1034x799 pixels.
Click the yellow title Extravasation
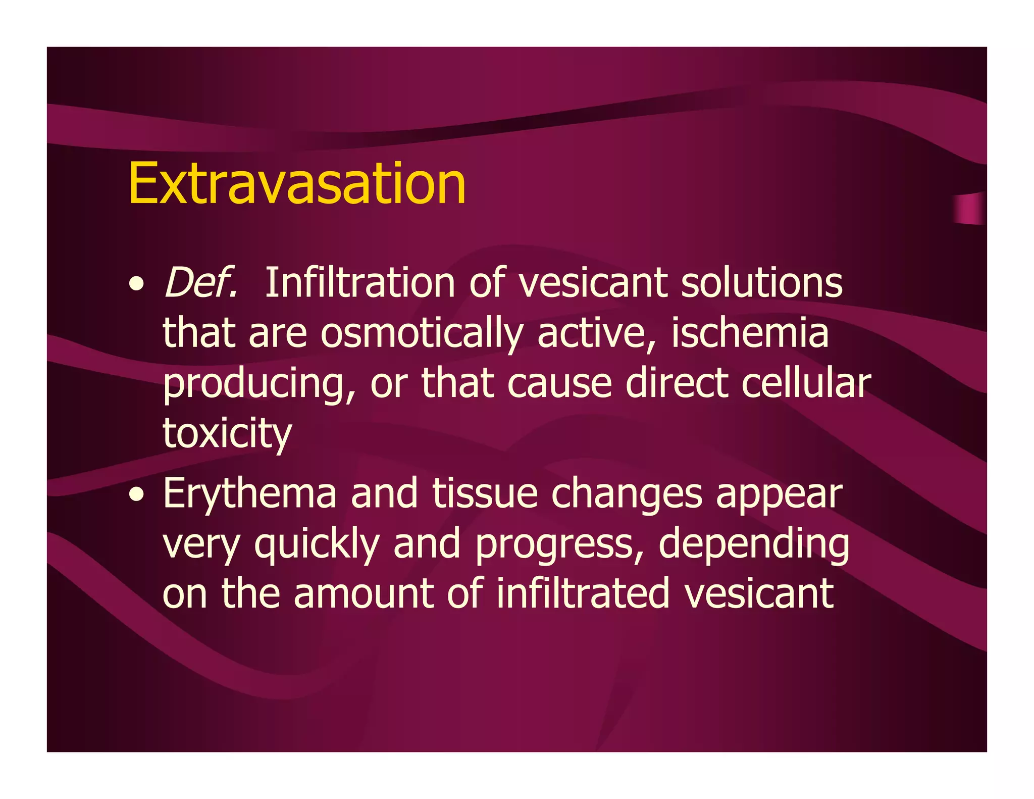tap(297, 184)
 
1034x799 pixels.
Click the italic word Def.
tap(200, 282)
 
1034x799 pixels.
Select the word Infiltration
tap(360, 282)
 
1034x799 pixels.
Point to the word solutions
tap(761, 282)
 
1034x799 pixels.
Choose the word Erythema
tap(249, 494)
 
